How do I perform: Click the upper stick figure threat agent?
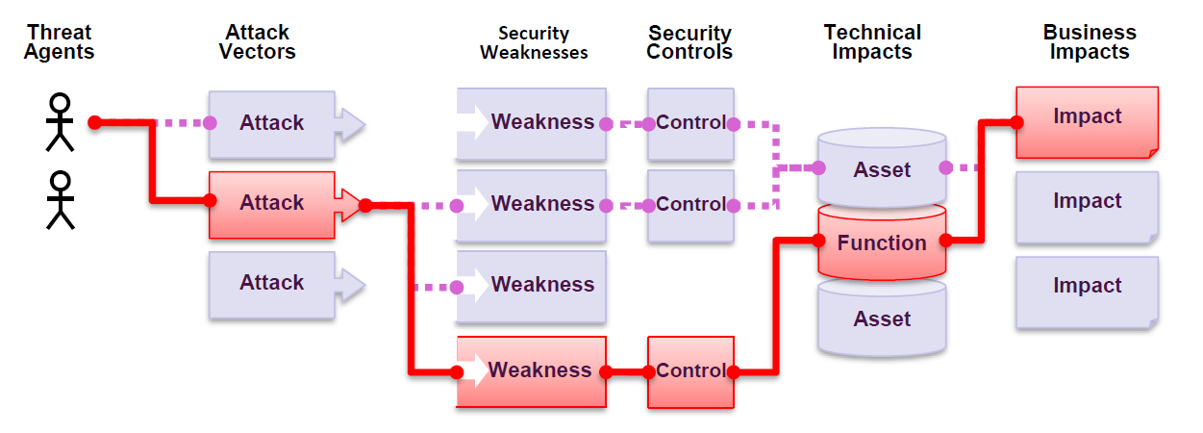coord(61,122)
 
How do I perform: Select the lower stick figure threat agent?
coord(61,200)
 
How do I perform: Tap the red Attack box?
coord(272,203)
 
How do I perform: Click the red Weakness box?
coord(531,370)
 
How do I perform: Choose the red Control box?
coord(690,370)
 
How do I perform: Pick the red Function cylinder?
coord(882,243)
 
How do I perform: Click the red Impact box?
coord(1087,119)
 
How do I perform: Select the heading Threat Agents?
coord(59,42)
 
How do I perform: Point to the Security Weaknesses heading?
coord(534,43)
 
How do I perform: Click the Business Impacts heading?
coord(1090,42)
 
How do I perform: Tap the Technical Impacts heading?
coord(872,42)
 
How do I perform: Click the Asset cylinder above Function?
coord(882,169)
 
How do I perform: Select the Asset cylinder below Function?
coord(882,319)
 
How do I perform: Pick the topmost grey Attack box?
coord(272,123)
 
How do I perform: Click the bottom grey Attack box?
coord(272,283)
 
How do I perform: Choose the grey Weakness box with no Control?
coord(531,286)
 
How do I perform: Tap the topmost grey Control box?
coord(690,123)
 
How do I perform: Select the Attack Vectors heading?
coord(257,42)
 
